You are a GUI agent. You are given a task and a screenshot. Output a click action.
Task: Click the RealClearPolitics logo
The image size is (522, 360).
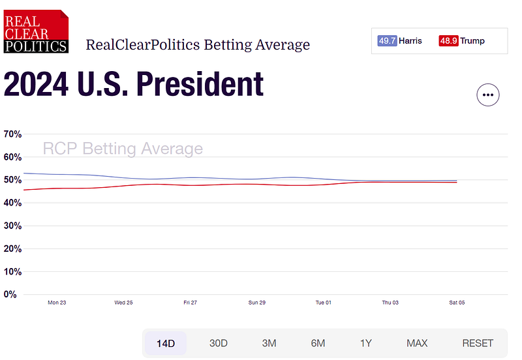[x=36, y=31]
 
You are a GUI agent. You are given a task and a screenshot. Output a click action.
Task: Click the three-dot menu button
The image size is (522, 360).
[x=487, y=95]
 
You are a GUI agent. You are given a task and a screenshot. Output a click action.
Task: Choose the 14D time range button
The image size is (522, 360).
[x=164, y=343]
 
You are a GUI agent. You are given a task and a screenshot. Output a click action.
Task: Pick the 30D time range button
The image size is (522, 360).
[x=219, y=343]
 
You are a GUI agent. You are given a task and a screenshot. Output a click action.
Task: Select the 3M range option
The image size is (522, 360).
[x=269, y=343]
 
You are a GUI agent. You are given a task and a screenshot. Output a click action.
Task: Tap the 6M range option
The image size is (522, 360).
[x=318, y=343]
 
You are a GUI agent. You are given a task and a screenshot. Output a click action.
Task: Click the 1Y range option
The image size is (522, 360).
[x=366, y=343]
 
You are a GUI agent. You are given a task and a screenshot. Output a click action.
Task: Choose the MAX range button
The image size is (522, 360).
[x=417, y=343]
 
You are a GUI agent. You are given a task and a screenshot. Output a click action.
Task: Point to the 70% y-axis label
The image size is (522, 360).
[x=13, y=134]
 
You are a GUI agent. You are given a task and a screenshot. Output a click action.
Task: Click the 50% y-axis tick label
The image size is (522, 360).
[x=13, y=180]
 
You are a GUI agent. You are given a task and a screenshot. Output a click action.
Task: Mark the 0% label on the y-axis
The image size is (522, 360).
[x=10, y=294]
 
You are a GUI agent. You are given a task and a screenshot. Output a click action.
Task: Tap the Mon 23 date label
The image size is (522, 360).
[x=57, y=303]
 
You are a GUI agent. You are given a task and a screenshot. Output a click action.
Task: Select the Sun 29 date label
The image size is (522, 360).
[x=257, y=303]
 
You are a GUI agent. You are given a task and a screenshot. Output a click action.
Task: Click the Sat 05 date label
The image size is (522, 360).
[x=457, y=303]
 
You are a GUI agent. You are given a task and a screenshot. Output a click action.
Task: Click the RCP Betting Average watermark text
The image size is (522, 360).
[x=123, y=149]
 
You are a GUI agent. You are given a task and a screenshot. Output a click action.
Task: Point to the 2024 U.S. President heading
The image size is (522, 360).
[x=134, y=85]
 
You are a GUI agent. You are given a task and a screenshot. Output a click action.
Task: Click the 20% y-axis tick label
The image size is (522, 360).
[x=13, y=248]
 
